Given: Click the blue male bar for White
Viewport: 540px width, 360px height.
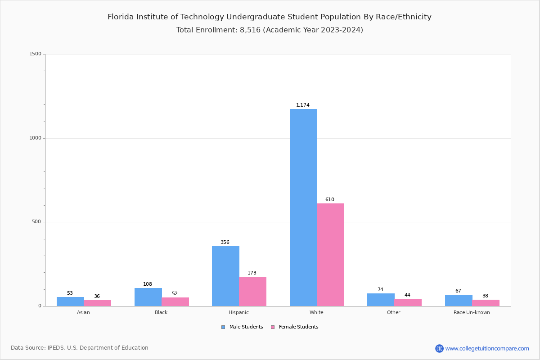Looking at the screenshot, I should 303,207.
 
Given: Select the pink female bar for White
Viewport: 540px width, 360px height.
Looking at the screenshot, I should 330,255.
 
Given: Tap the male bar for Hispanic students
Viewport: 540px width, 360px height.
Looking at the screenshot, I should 225,276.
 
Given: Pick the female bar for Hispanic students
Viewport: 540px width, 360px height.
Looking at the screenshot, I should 252,291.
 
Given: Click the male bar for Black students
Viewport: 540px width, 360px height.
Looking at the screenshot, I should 148,297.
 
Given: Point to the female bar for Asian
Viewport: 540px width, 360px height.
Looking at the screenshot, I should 97,303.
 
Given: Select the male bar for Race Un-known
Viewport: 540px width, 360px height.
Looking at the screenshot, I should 459,300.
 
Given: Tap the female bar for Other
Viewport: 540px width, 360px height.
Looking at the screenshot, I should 408,302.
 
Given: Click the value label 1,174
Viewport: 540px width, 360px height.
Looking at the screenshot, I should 302,105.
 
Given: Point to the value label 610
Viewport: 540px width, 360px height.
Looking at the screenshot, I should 329,200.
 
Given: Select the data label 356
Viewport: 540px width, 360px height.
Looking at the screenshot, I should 225,243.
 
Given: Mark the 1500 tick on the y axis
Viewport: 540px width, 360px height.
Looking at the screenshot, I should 36,54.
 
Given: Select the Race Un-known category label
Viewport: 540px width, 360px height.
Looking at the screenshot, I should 472,312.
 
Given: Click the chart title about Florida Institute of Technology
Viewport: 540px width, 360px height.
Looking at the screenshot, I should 269,17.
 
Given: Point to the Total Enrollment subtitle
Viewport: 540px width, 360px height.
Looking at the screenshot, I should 269,30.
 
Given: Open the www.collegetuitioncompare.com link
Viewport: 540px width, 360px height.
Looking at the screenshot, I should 487,348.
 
